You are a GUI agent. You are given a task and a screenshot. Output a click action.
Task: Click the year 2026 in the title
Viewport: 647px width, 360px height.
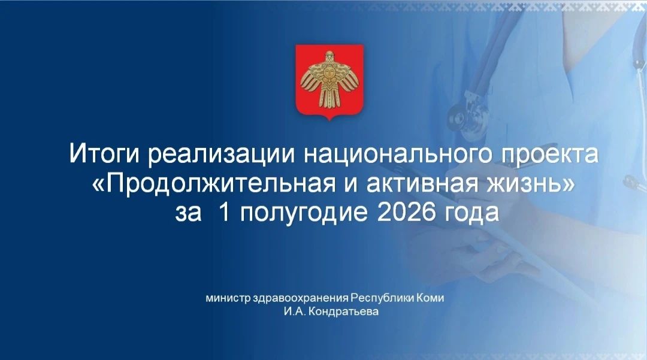click(406, 212)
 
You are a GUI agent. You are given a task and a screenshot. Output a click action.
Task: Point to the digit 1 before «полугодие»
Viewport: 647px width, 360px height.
click(225, 212)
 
